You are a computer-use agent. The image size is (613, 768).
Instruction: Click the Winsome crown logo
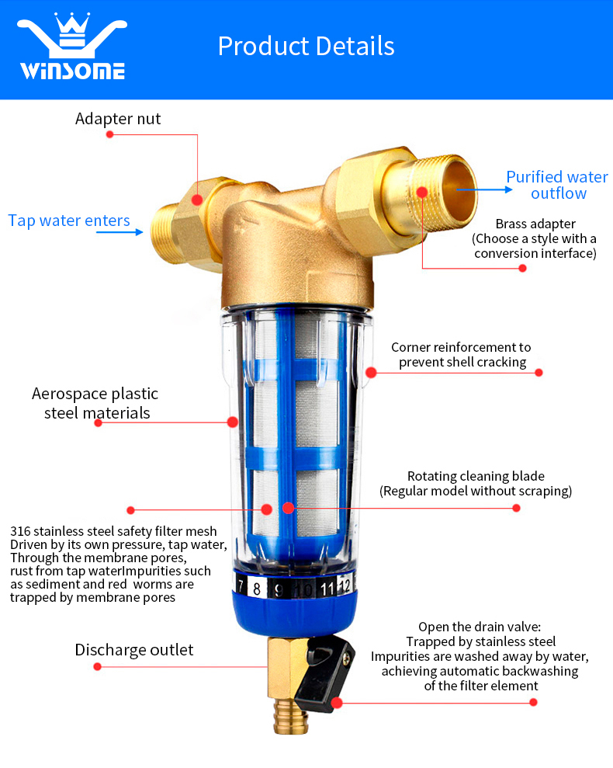click(x=71, y=47)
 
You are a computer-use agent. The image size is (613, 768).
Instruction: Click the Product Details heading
click(x=306, y=46)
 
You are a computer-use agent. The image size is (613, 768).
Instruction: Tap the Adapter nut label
click(x=118, y=119)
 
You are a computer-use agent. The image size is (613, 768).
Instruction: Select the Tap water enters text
click(x=69, y=221)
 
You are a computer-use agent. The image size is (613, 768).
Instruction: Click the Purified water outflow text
click(x=557, y=185)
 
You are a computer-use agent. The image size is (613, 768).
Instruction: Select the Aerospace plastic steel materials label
click(x=95, y=403)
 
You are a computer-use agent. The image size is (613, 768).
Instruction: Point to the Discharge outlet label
click(x=134, y=649)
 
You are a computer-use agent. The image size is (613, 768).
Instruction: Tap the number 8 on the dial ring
click(x=258, y=589)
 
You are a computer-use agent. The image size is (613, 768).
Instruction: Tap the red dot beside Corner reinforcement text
click(x=539, y=373)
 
